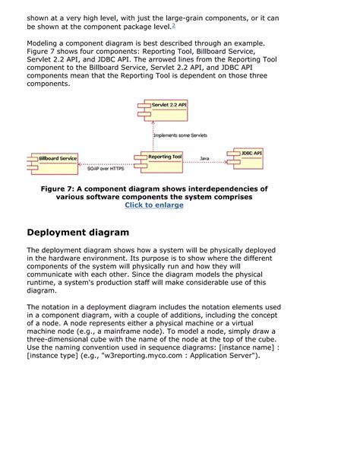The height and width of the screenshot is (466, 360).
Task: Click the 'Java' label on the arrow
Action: coord(204,158)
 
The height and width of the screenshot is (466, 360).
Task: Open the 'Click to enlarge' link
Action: coord(154,204)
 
